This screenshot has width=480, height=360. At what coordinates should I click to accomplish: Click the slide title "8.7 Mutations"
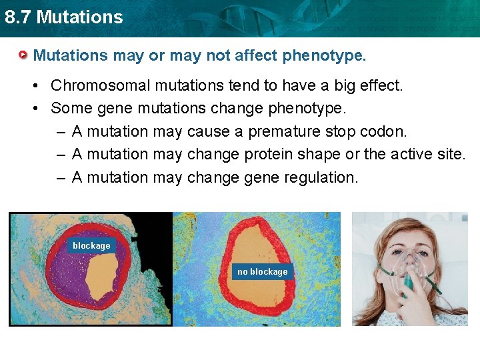tap(64, 17)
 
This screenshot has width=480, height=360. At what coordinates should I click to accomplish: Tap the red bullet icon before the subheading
tap(23, 55)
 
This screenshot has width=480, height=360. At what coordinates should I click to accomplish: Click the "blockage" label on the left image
tap(91, 245)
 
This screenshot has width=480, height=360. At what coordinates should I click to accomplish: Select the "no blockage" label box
tap(262, 271)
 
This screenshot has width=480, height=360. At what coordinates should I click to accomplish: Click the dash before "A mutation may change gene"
tap(60, 177)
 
